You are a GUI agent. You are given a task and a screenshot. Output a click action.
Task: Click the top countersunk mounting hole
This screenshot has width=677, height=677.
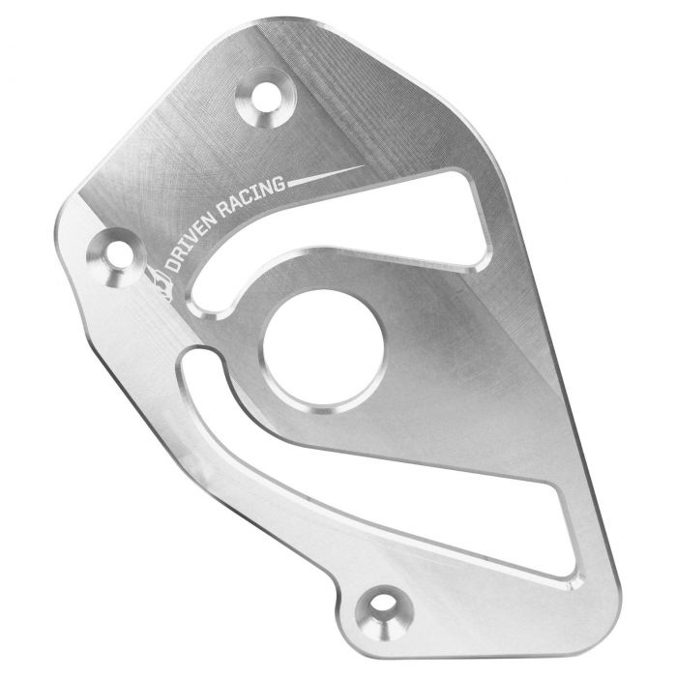coord(271,96)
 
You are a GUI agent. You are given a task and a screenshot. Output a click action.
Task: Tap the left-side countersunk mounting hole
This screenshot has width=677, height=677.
coord(115,253)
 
